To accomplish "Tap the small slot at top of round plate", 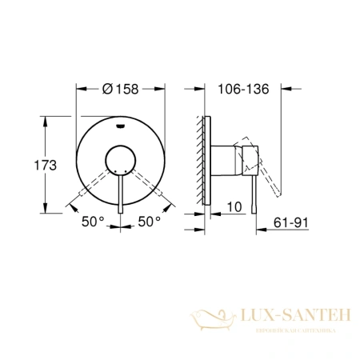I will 121,125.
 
